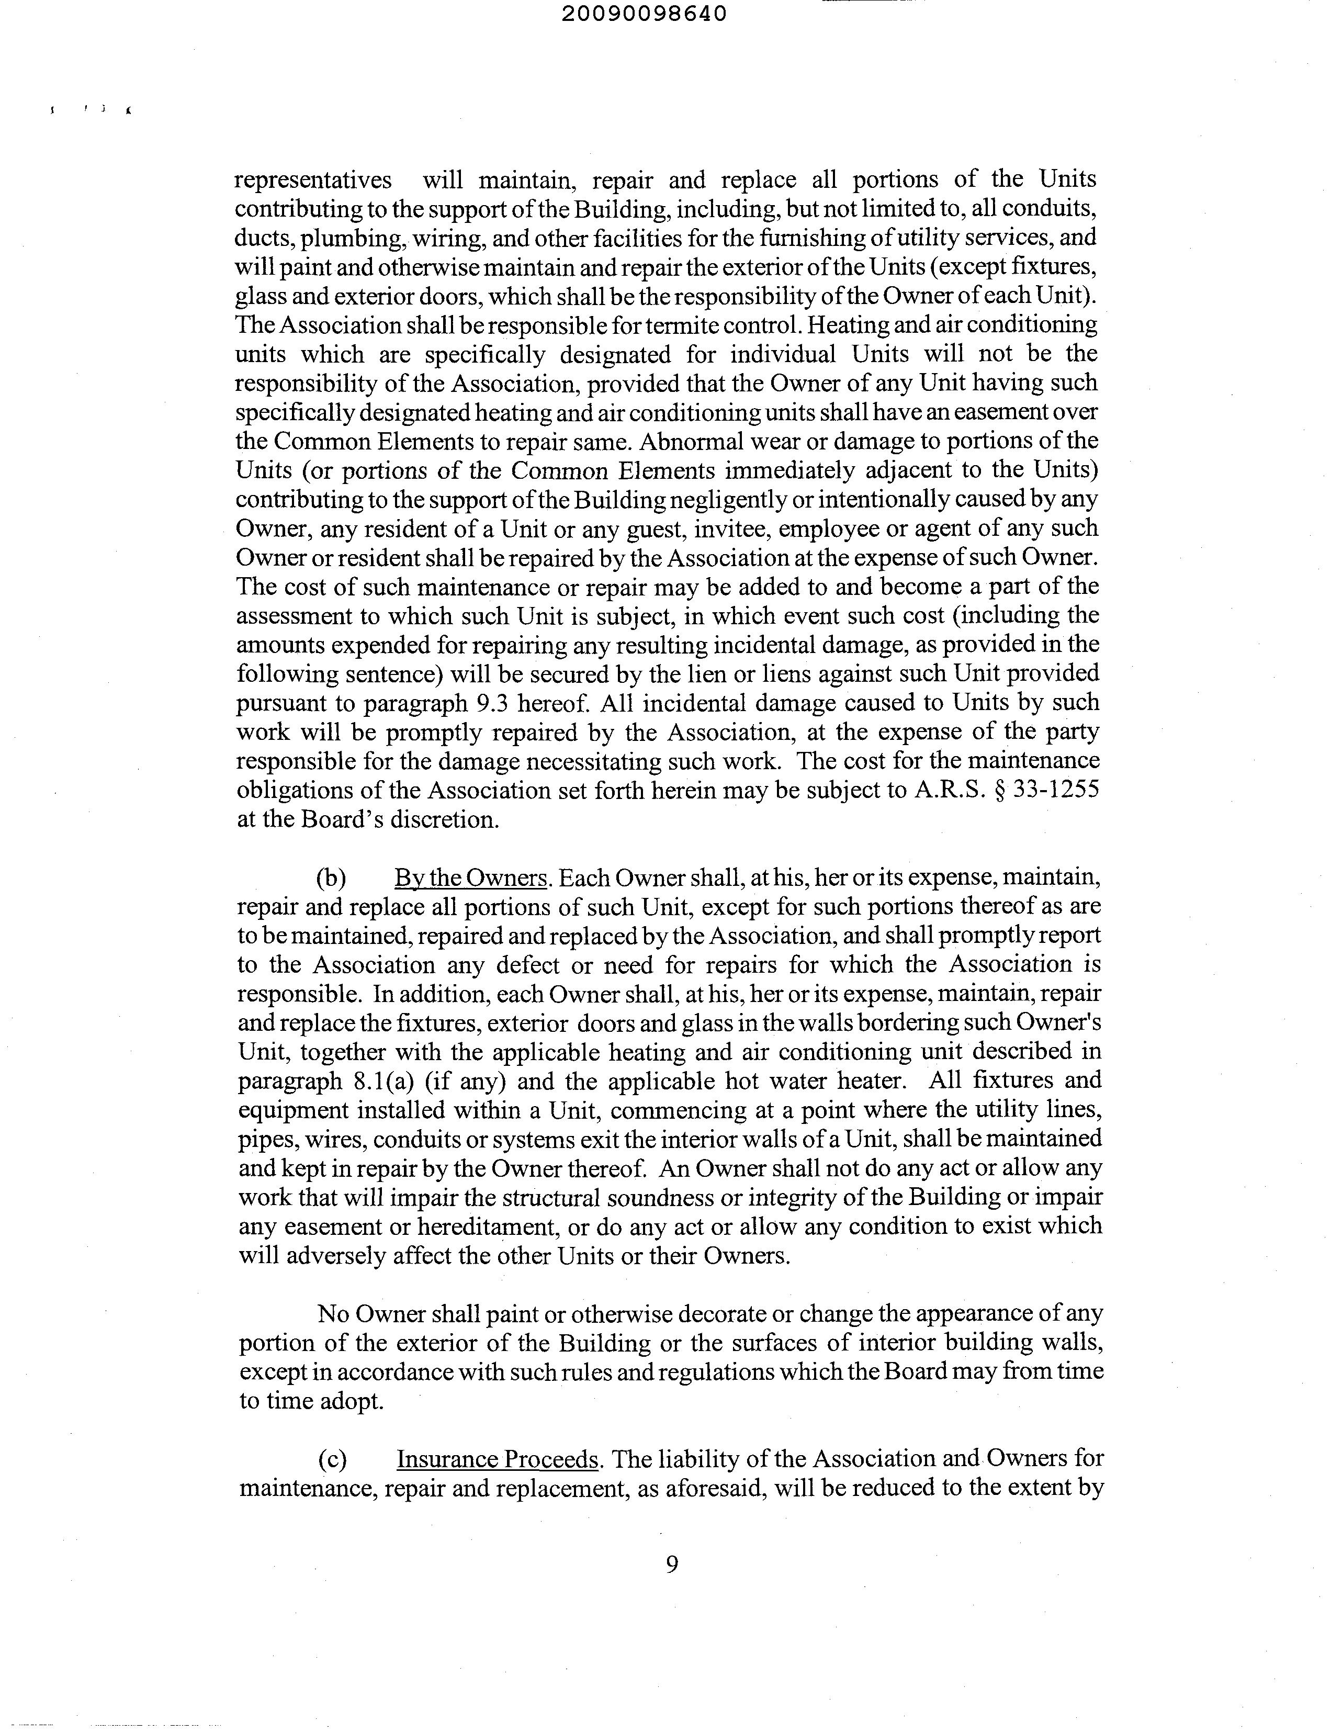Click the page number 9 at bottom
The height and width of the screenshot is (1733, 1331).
coord(672,1564)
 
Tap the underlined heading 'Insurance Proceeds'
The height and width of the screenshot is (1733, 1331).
coord(497,1459)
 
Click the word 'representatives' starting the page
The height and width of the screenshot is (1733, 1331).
coord(313,181)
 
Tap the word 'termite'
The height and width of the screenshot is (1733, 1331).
coord(675,325)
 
